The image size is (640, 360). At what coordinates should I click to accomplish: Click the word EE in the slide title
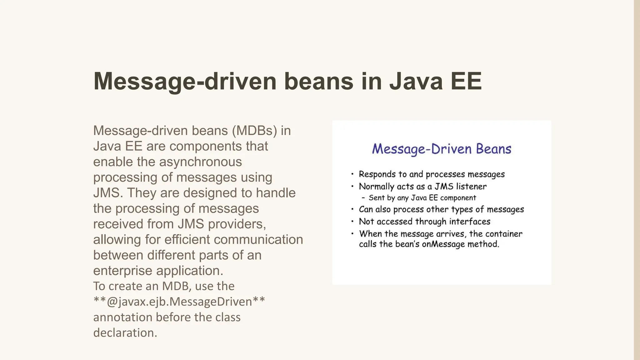466,81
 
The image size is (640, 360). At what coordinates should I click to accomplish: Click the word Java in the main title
416,81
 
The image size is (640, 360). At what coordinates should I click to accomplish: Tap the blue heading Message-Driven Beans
442,149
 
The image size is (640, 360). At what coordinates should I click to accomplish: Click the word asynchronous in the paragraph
200,162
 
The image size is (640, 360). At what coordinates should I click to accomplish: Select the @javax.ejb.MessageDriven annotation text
179,302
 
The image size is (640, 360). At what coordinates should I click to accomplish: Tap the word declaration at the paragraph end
124,333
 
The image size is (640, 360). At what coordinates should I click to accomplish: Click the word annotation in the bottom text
122,317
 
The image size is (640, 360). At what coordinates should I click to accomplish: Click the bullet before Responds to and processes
352,174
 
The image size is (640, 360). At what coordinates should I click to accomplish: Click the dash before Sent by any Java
363,198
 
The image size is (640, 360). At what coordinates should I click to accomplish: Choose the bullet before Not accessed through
352,222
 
